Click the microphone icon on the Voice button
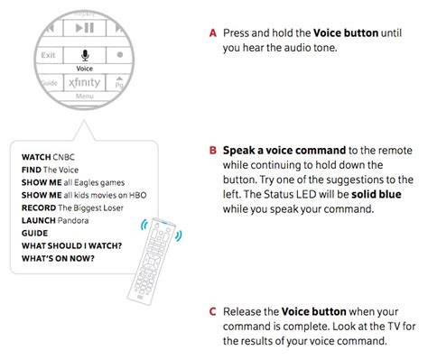(85, 53)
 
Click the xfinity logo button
(84, 82)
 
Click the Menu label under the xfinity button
(85, 96)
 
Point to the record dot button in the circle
(120, 56)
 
